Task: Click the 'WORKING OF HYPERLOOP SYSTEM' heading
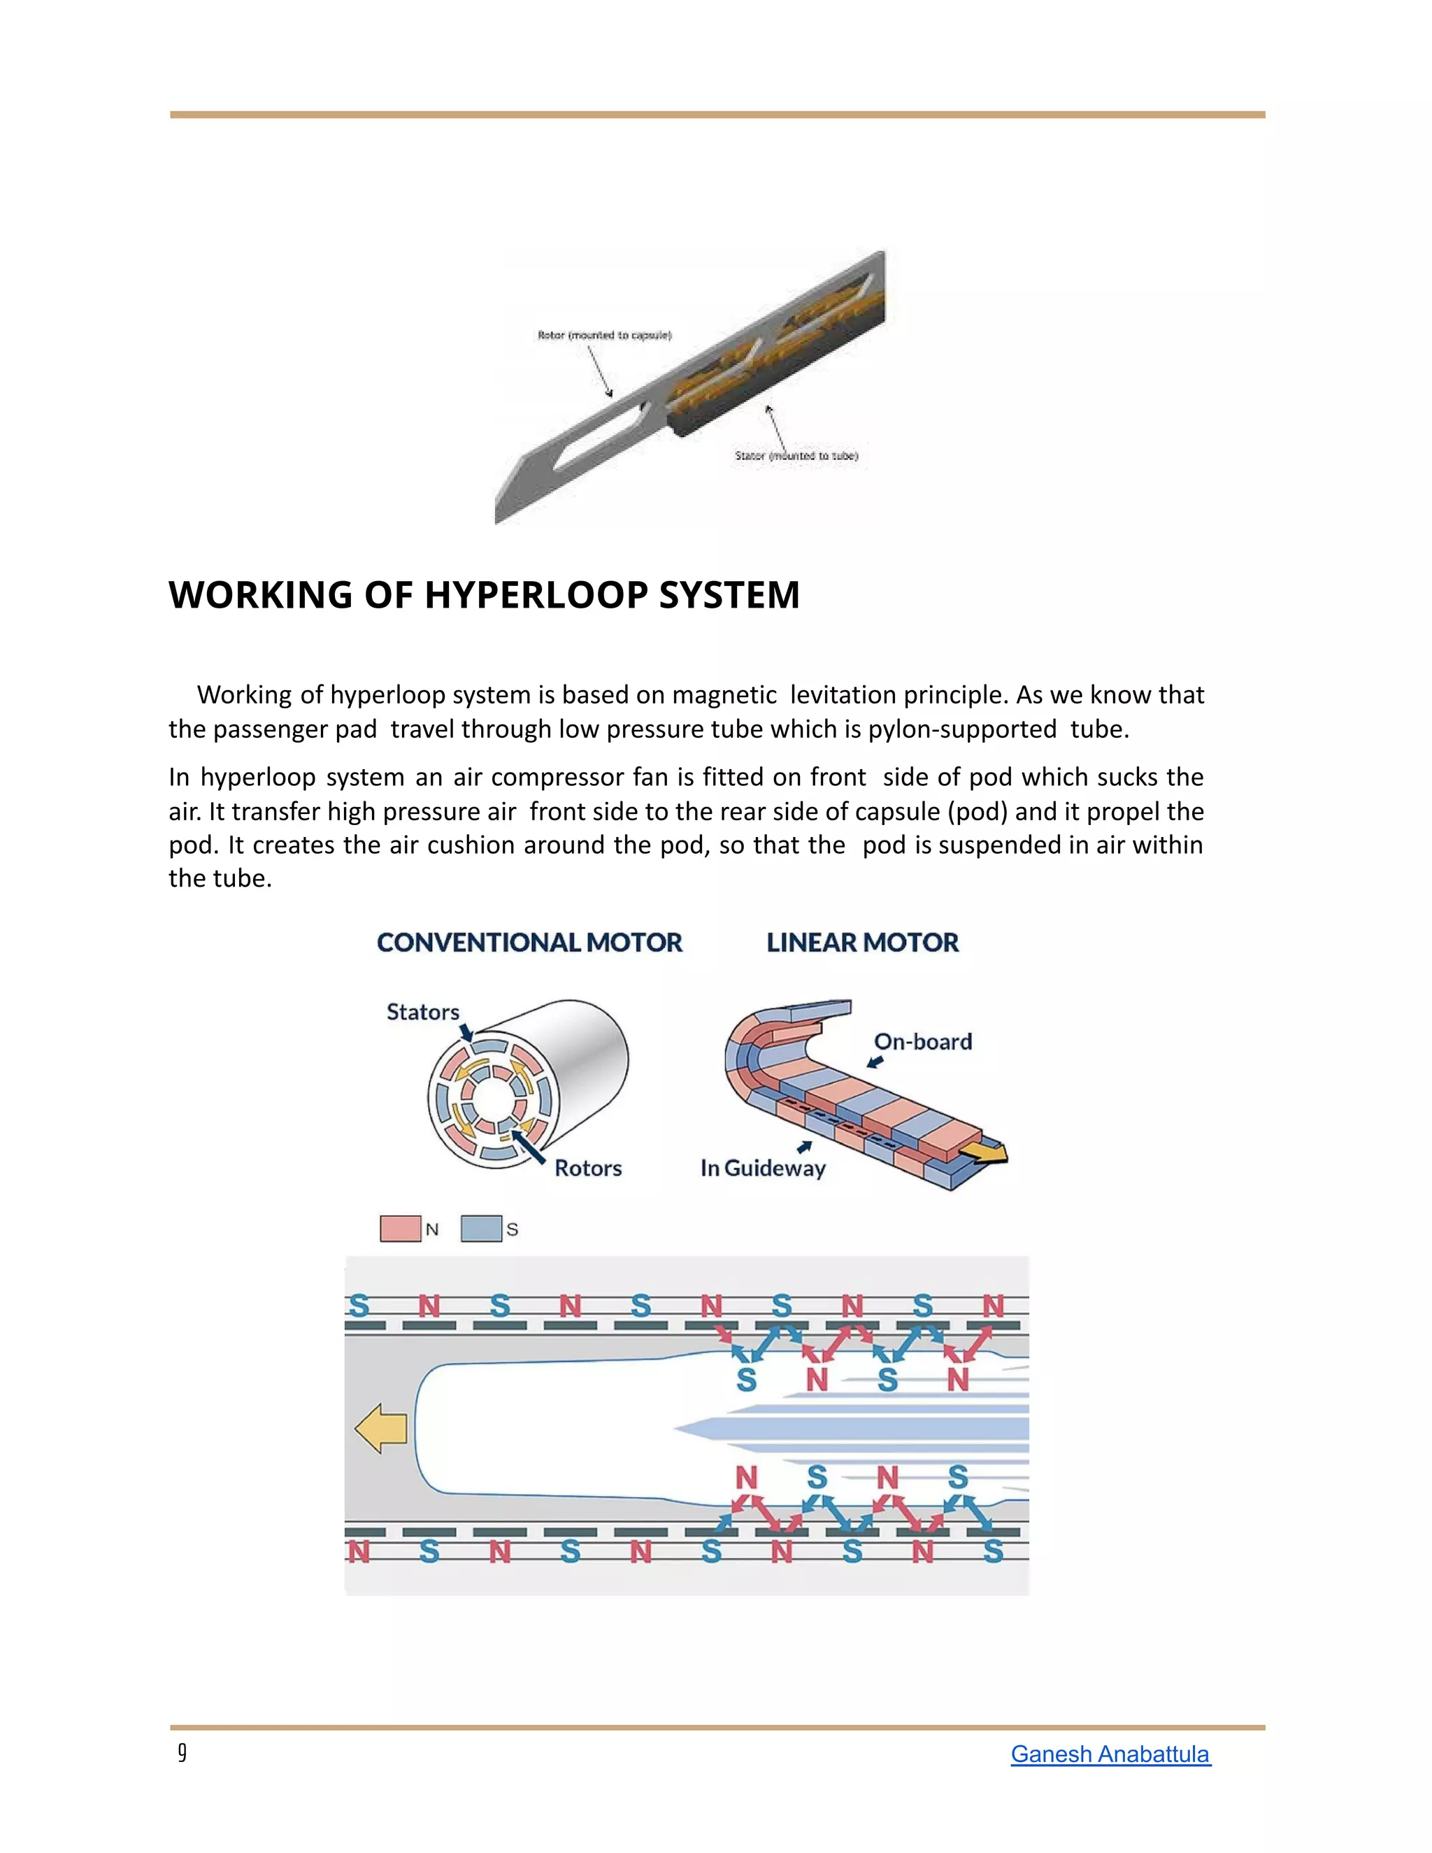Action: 484,595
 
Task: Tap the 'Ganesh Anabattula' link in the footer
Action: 1110,1754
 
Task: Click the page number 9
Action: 182,1753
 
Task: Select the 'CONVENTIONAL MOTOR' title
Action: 529,943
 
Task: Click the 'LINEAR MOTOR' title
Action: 862,943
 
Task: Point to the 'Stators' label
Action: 422,1013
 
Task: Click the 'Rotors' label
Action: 588,1168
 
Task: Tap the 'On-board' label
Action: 923,1042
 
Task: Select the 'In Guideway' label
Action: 763,1168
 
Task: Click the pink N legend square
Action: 401,1229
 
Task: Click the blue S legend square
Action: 481,1229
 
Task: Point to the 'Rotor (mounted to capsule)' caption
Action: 604,335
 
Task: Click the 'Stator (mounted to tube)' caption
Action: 796,456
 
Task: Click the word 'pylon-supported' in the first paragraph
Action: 962,729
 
